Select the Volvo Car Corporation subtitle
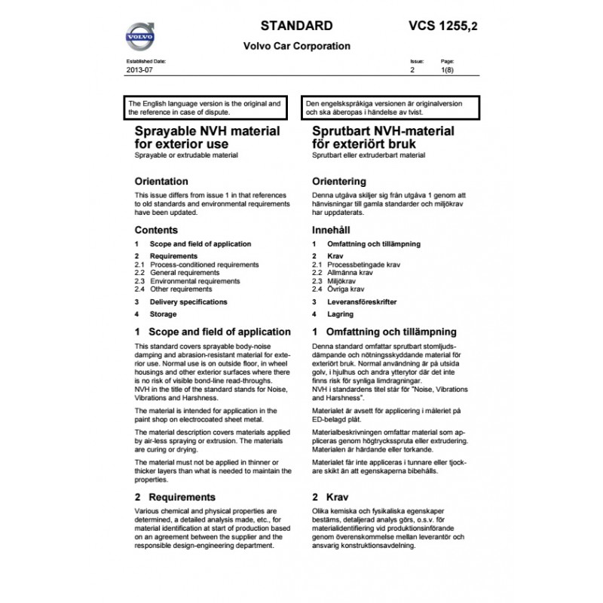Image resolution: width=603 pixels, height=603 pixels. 297,45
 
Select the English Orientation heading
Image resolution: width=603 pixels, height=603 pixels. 161,182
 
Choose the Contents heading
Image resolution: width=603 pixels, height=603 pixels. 156,230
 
